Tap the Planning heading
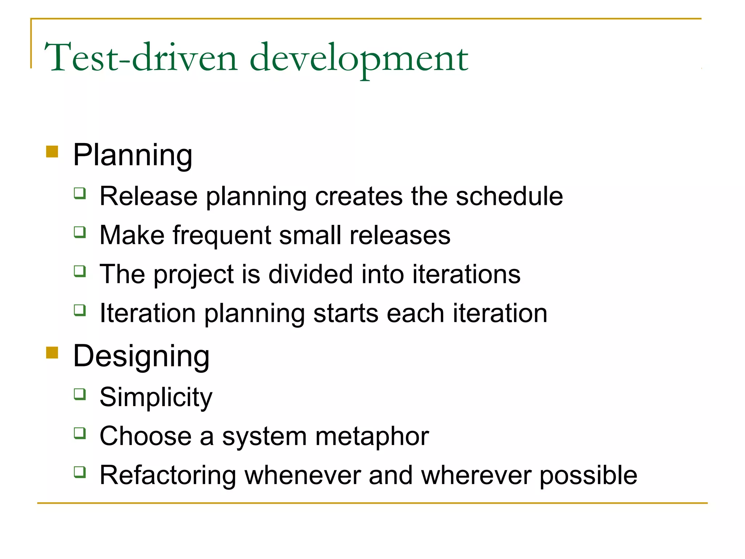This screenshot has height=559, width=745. (x=132, y=155)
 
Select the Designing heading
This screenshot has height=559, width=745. (x=141, y=356)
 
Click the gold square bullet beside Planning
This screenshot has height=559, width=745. (x=52, y=151)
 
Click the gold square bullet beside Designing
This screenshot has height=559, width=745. (x=52, y=352)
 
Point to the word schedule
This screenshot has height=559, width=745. (x=509, y=196)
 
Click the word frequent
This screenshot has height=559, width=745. (x=222, y=235)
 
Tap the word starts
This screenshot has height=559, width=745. (x=346, y=313)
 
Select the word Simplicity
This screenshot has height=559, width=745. (x=156, y=397)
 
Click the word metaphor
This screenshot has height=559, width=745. (x=372, y=436)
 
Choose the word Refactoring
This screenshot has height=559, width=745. (x=168, y=476)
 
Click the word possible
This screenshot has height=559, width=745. (x=588, y=476)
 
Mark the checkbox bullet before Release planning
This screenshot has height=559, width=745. (x=80, y=193)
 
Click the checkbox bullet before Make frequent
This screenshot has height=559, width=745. (x=80, y=232)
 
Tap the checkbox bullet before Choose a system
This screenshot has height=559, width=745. (x=80, y=433)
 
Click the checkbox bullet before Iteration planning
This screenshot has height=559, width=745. (x=80, y=310)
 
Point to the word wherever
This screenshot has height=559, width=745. (x=476, y=475)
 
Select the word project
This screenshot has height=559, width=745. (x=194, y=275)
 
